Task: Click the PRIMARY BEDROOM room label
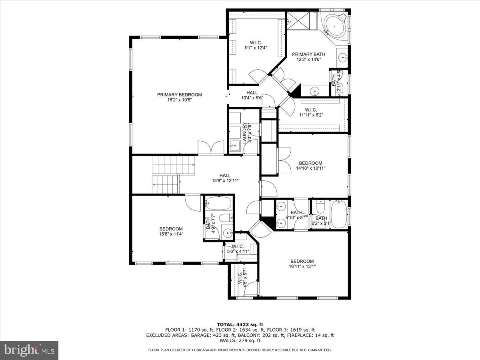[179, 95]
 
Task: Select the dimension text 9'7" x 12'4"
[256, 48]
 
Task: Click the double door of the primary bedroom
[211, 147]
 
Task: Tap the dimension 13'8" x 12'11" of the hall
[225, 181]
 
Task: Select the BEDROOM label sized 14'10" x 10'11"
[310, 163]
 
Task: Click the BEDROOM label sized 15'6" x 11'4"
[171, 229]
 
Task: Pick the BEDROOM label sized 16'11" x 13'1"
[302, 261]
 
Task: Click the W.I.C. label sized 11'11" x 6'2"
[311, 110]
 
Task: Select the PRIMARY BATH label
[308, 54]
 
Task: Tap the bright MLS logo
[29, 350]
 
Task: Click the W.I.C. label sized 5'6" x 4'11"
[238, 246]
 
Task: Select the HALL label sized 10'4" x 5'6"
[252, 93]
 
